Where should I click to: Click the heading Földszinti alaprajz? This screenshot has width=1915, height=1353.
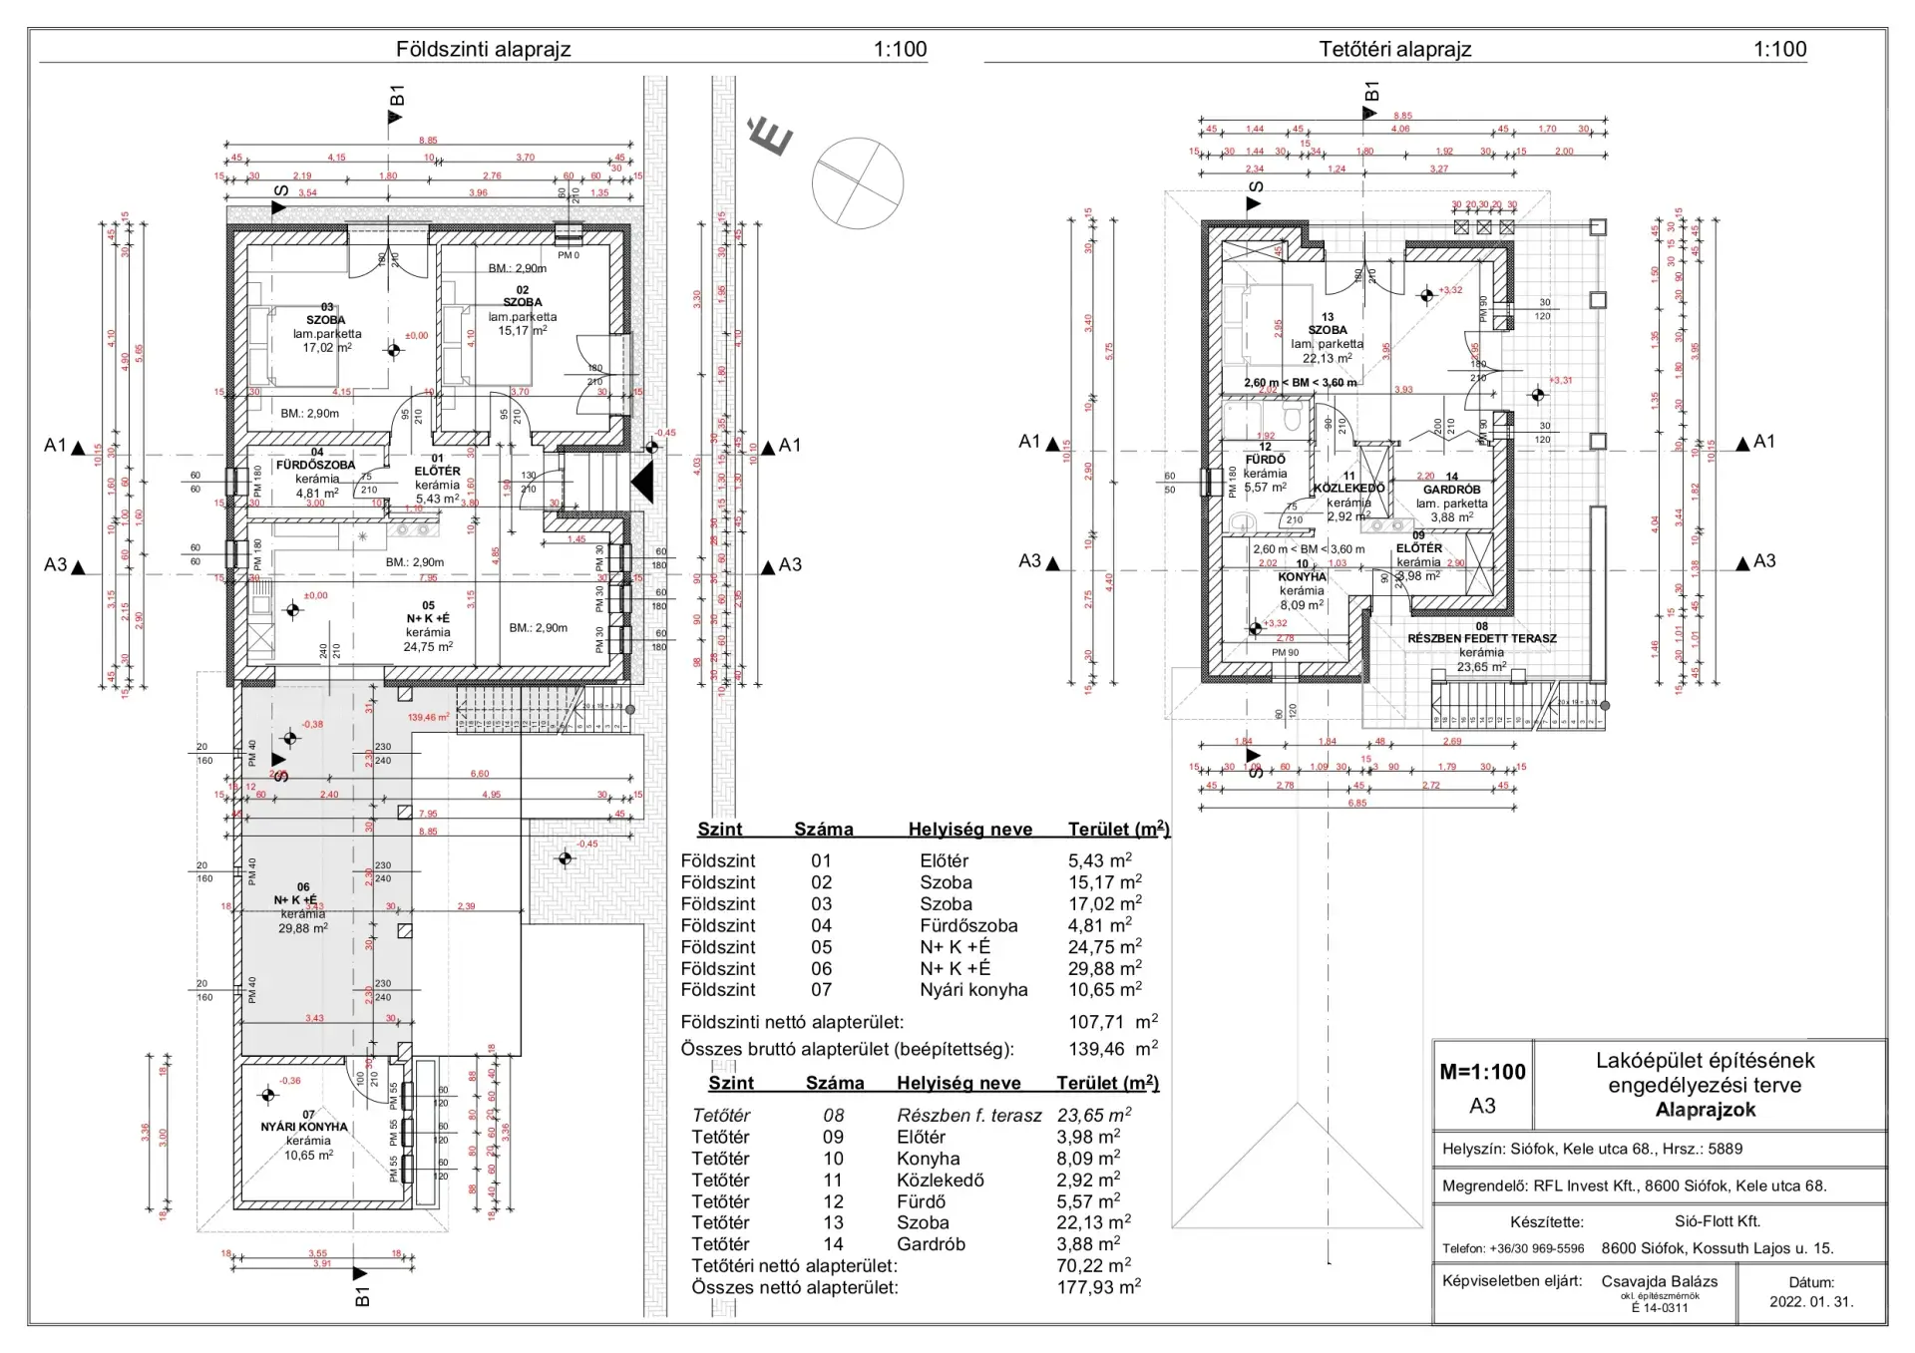pyautogui.click(x=483, y=49)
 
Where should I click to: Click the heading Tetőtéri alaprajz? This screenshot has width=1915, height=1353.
pyautogui.click(x=1394, y=49)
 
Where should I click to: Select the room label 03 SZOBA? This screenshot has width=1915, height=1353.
pyautogui.click(x=326, y=314)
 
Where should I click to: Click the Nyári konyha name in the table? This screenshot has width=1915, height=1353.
pyautogui.click(x=973, y=990)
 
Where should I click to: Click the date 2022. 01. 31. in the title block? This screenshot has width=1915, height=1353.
pyautogui.click(x=1811, y=1301)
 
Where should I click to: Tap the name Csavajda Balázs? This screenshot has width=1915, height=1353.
pyautogui.click(x=1660, y=1281)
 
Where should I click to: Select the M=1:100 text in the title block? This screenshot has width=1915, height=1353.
pyautogui.click(x=1482, y=1072)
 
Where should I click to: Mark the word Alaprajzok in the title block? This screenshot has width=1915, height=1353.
pyautogui.click(x=1705, y=1110)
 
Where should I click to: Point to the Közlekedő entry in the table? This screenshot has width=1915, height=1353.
pyautogui.click(x=940, y=1181)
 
